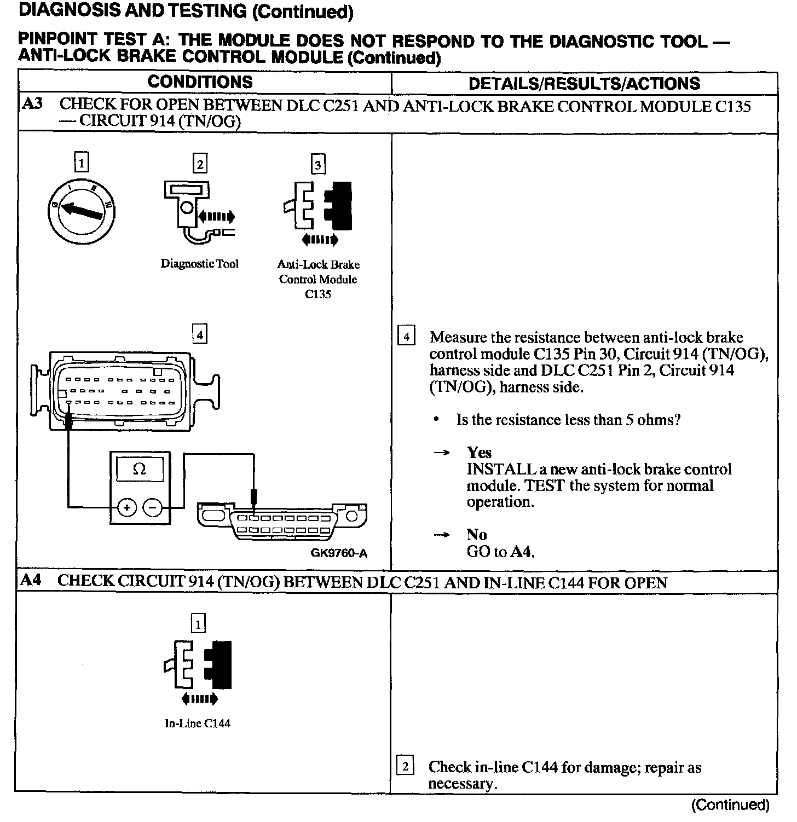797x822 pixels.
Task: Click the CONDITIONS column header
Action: point(200,82)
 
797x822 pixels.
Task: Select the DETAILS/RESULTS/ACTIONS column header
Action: point(584,83)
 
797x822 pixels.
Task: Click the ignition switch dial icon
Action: point(80,211)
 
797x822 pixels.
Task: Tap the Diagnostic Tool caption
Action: point(199,264)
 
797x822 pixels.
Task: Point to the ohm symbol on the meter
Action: point(140,469)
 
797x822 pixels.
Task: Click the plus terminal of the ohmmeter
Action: point(126,508)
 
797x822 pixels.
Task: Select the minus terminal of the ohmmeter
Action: point(152,508)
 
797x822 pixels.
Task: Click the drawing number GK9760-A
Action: point(339,553)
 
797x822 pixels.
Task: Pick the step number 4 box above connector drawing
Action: point(200,334)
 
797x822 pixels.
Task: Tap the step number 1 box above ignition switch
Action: point(81,163)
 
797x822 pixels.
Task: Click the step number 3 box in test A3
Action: point(318,164)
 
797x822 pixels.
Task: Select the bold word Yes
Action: point(479,453)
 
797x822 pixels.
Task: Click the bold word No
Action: point(476,535)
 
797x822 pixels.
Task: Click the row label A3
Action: point(32,104)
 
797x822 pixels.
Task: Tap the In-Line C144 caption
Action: point(198,723)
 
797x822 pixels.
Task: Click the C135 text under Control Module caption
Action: point(318,294)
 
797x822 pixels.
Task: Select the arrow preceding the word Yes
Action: point(442,453)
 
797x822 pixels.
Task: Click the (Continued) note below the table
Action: point(730,804)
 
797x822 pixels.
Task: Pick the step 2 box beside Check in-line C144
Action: point(405,766)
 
